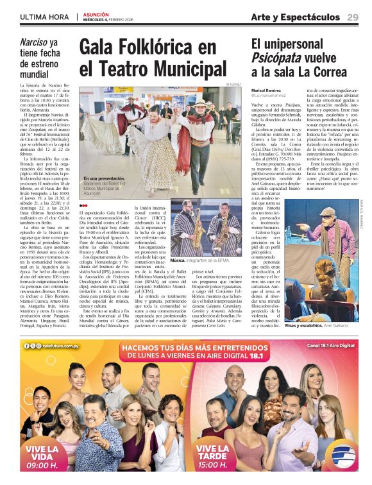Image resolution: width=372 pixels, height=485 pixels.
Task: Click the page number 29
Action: tap(352, 17)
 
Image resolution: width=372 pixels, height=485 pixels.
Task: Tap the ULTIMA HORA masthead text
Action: tap(46, 17)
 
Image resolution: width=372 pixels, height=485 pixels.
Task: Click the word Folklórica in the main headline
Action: tap(160, 47)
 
